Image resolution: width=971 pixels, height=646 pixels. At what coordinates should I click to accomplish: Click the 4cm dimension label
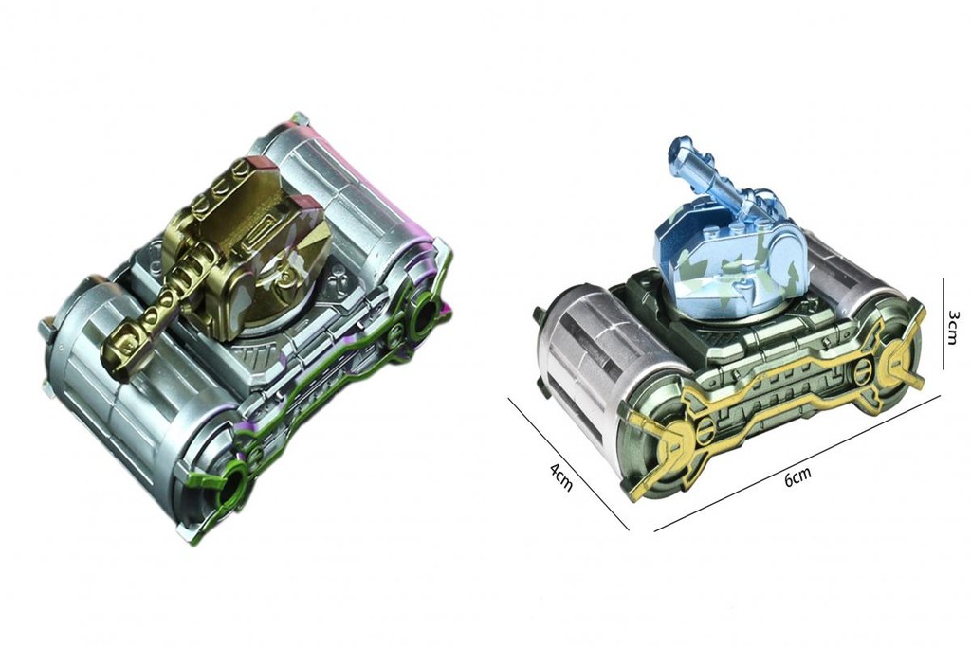tap(560, 477)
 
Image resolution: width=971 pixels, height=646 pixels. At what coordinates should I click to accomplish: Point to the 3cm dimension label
tap(954, 326)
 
